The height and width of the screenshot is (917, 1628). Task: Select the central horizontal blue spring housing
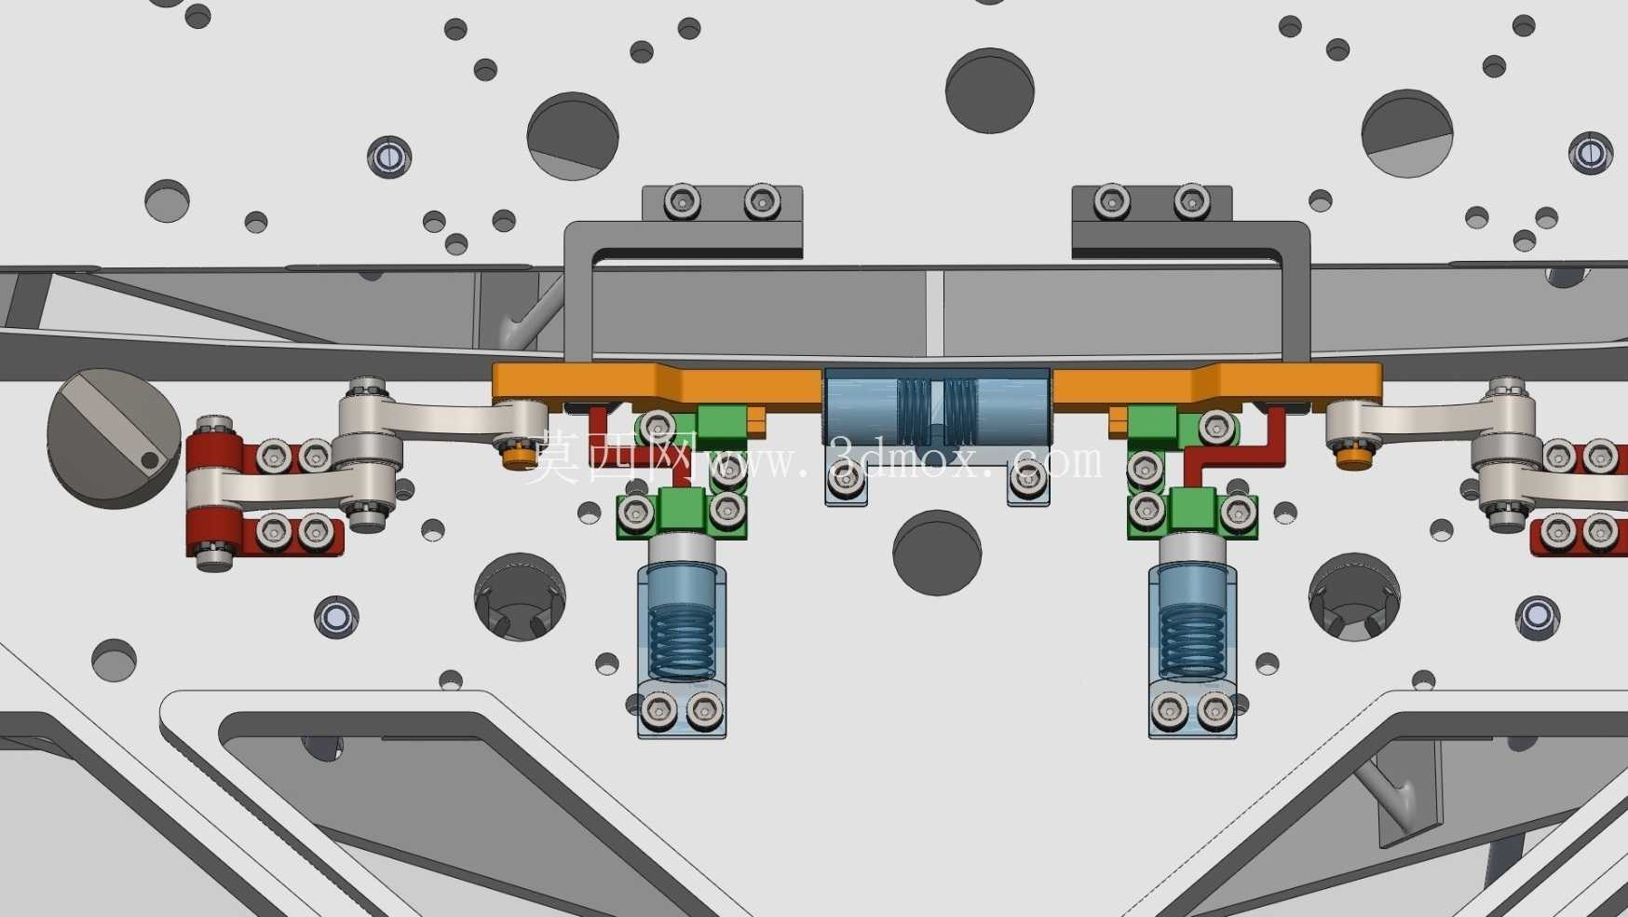point(937,406)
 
